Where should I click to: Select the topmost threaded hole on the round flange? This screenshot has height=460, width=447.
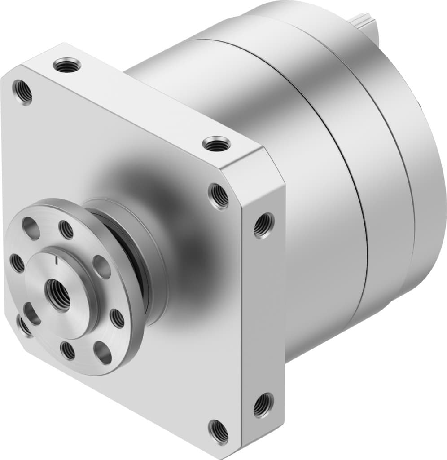[x=66, y=230]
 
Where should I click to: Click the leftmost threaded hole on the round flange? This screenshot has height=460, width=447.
[x=17, y=263]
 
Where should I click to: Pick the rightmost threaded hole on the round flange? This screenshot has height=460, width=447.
[x=117, y=318]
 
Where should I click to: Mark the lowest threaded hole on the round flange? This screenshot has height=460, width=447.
[x=68, y=350]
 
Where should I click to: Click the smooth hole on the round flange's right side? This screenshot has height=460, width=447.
[x=101, y=267]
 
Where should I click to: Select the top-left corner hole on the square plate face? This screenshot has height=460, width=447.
[x=22, y=92]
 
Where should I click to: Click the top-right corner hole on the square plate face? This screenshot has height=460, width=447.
[x=219, y=196]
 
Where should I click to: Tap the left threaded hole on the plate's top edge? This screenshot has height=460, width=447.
[x=67, y=66]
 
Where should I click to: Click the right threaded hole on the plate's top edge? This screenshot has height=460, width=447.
[x=216, y=144]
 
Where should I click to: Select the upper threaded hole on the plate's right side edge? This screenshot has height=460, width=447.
[x=263, y=225]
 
